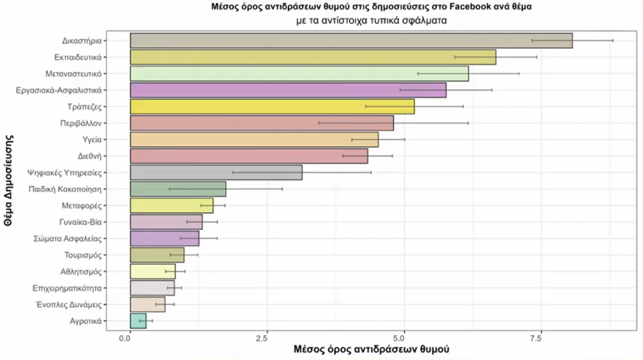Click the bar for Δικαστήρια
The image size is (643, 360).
[x=351, y=41]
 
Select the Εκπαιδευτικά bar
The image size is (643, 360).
[x=313, y=57]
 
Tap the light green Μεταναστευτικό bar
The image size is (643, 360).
[x=299, y=74]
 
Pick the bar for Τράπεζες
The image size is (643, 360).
[x=272, y=107]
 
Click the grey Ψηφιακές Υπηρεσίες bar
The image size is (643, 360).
[x=216, y=172]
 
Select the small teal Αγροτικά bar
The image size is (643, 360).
[x=138, y=321]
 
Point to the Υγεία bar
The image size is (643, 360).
[x=254, y=139]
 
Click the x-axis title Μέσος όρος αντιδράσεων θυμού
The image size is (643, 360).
[x=370, y=351]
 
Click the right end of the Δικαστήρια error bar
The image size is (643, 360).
[x=612, y=41]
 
